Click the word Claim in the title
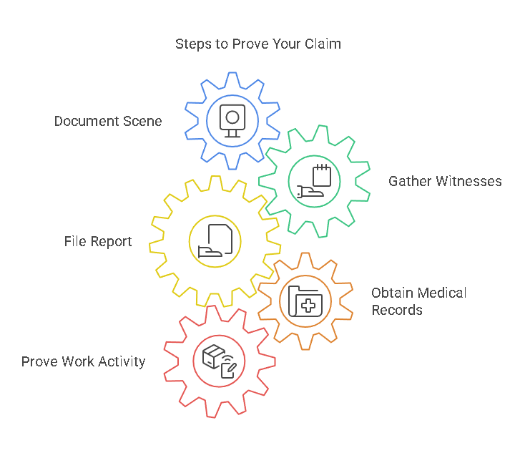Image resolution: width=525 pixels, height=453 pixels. (323, 44)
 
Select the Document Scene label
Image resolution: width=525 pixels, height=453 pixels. (108, 121)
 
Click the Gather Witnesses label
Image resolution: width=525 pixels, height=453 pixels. (445, 181)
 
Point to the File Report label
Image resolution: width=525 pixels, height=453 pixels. (98, 241)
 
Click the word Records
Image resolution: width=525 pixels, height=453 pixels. (397, 310)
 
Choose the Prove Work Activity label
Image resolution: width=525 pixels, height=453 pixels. (83, 361)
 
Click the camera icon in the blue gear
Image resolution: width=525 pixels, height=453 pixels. (232, 120)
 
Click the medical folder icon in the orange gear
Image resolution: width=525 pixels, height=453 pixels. (305, 301)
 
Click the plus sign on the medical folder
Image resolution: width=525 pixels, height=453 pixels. (309, 305)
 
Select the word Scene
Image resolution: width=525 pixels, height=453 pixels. (144, 121)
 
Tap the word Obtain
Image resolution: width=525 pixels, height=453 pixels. (391, 293)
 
